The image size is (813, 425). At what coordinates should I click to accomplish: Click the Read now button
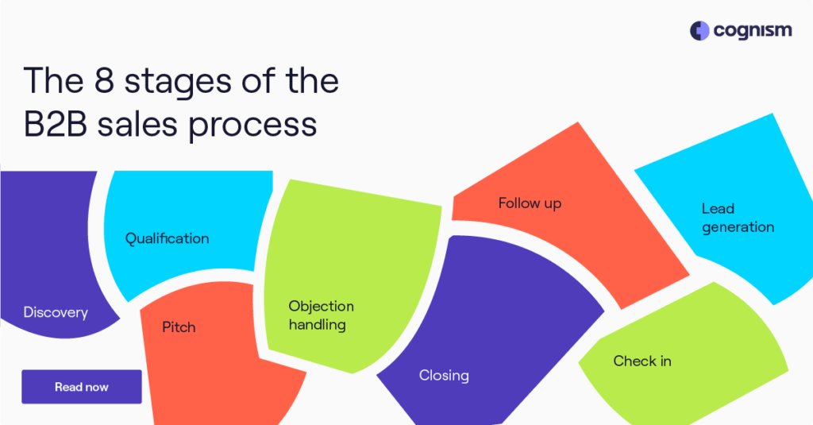pos(82,387)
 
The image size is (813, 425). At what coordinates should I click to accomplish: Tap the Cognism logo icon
pos(699,31)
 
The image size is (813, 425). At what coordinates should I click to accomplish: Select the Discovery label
pos(56,312)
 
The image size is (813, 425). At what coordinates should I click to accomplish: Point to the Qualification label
pos(168,238)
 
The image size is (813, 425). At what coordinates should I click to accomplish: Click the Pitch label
pos(179,326)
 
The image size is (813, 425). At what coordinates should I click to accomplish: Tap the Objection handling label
pos(321,315)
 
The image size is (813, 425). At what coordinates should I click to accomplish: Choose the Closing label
pos(444,375)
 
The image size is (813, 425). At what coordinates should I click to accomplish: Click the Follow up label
pos(530,203)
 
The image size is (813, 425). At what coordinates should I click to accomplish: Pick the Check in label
pos(642,361)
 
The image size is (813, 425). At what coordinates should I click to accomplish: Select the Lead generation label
pos(738,218)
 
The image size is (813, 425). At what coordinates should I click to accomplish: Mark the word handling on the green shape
pos(317,324)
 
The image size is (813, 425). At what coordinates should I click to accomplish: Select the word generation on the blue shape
pos(738,227)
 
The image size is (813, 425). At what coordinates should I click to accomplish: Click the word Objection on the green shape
pos(321,306)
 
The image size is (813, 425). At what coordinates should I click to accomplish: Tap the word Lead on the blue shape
pos(718,208)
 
